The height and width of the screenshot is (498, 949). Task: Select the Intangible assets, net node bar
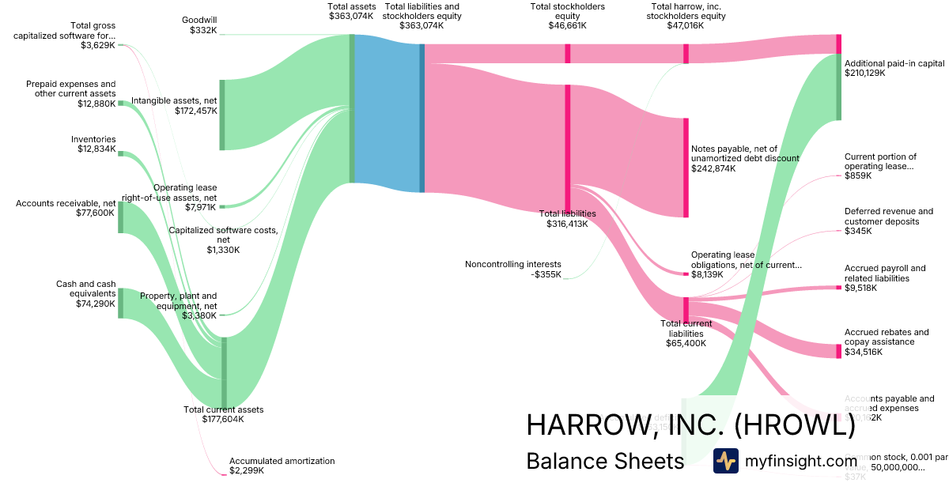(x=222, y=115)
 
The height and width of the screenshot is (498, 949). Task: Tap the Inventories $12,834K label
(x=93, y=144)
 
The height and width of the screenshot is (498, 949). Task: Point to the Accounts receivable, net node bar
(x=120, y=217)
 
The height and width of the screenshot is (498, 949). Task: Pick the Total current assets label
(x=224, y=414)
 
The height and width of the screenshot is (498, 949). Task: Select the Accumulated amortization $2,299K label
(x=282, y=466)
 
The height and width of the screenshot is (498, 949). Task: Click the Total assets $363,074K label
(x=350, y=11)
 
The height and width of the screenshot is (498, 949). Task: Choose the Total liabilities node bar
(x=568, y=146)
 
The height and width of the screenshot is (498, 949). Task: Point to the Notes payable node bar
(x=686, y=168)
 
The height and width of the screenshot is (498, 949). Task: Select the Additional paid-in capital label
(x=894, y=68)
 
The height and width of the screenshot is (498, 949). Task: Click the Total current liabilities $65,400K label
(x=686, y=334)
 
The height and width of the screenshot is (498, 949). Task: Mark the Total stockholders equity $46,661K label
(x=568, y=16)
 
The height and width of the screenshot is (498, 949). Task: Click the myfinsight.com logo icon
(x=726, y=461)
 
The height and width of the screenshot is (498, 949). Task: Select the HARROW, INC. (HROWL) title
(x=690, y=425)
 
